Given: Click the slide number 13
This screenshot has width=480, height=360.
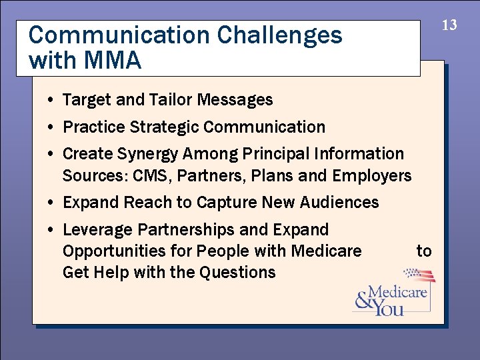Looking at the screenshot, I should tap(450, 25).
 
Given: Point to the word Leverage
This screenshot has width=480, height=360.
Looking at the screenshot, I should tap(97, 230).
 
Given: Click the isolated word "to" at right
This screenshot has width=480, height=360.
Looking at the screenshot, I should tap(424, 251).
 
